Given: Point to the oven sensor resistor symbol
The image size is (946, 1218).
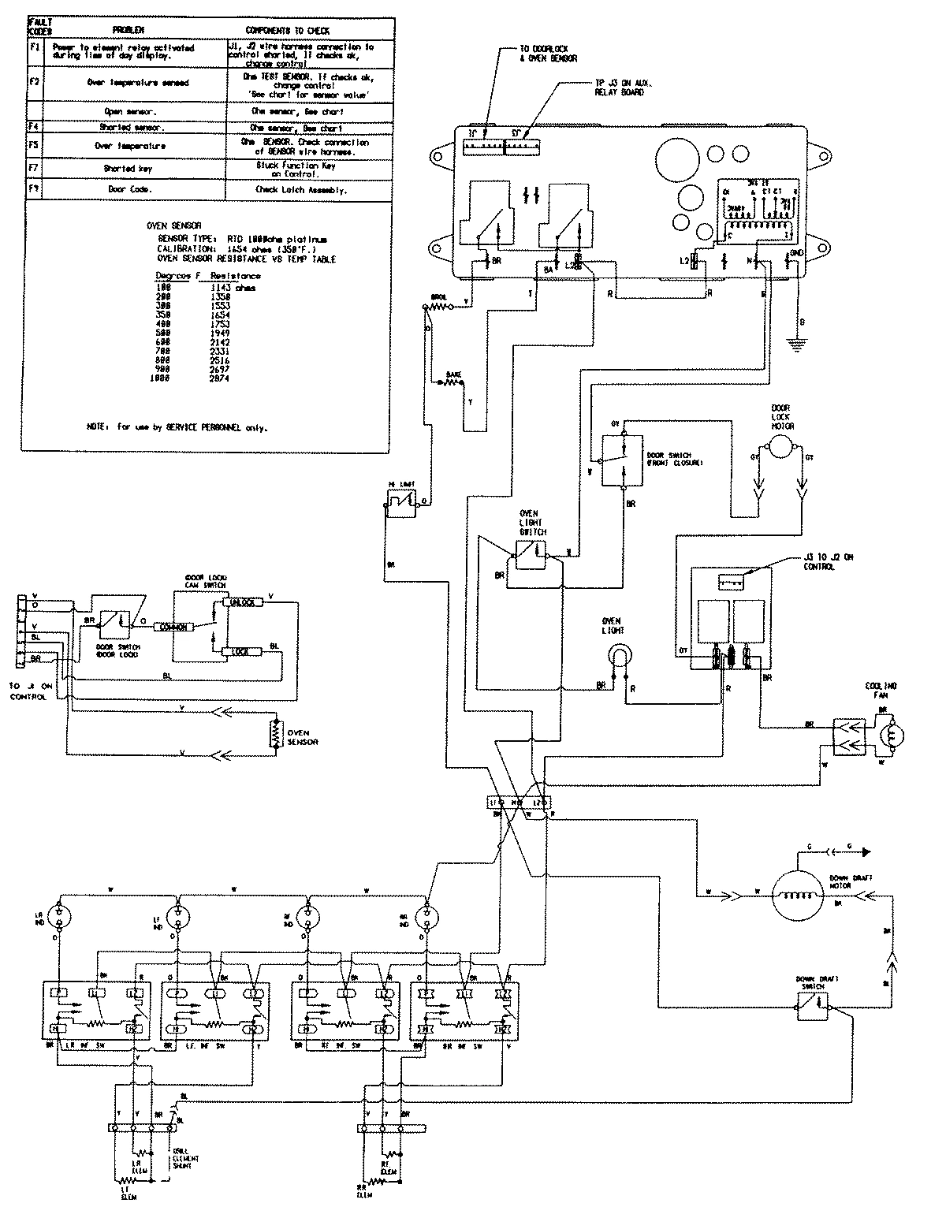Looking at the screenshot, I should coord(275,732).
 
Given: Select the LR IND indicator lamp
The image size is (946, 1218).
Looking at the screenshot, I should coord(59,915).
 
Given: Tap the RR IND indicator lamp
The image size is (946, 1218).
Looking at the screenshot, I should coord(429,915).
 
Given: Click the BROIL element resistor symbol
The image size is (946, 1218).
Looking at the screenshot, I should coord(438,309).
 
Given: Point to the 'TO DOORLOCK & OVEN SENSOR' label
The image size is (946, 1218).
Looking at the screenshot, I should coord(549,54).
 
